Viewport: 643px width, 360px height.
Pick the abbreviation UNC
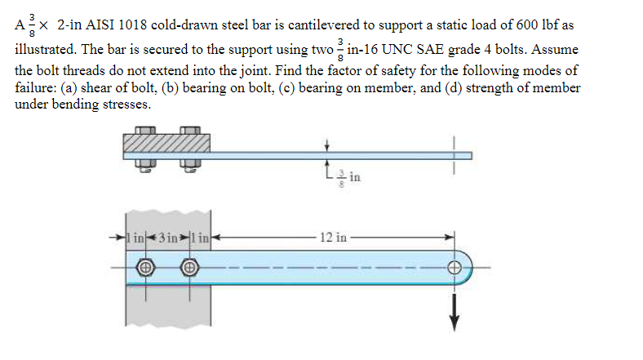click(x=399, y=48)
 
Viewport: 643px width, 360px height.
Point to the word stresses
click(x=126, y=104)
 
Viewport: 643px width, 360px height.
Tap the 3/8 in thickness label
click(x=339, y=175)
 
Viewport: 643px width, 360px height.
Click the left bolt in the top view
click(x=146, y=267)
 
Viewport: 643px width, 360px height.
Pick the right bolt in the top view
click(x=189, y=267)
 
